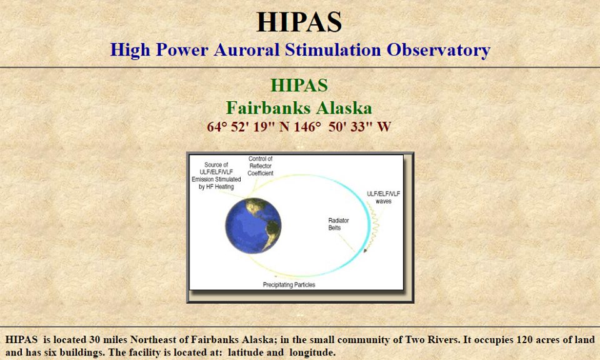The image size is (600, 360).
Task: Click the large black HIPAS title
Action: [x=299, y=22]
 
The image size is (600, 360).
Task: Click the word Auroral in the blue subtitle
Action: [x=246, y=50]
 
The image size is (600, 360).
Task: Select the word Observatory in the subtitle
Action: [x=438, y=50]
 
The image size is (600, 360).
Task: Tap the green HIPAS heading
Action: [x=299, y=85]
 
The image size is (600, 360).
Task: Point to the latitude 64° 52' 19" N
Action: [x=248, y=127]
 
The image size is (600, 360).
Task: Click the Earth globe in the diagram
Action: [x=253, y=226]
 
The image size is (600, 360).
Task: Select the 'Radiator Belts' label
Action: [x=339, y=224]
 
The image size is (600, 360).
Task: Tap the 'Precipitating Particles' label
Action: [x=289, y=284]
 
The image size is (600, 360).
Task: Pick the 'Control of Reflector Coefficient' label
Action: [x=260, y=166]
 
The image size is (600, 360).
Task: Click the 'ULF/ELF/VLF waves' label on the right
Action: [x=383, y=197]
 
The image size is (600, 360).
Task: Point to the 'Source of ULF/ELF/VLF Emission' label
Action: [x=216, y=176]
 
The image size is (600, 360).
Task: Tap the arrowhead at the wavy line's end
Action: [x=366, y=251]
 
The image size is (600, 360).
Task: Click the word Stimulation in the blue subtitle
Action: [x=333, y=50]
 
